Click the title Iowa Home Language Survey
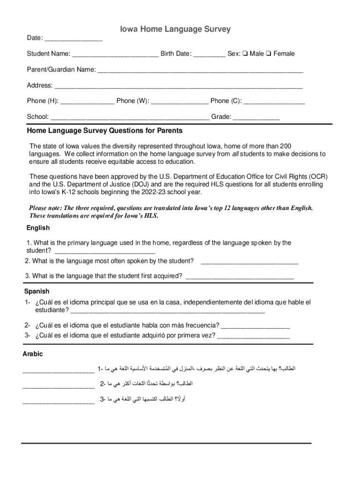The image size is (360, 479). [175, 29]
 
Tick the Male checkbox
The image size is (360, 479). [245, 54]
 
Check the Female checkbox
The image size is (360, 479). [268, 54]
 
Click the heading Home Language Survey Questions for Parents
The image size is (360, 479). [105, 131]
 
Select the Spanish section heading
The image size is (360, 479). [37, 291]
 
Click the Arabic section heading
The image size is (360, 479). [33, 354]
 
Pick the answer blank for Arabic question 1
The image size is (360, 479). [58, 371]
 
